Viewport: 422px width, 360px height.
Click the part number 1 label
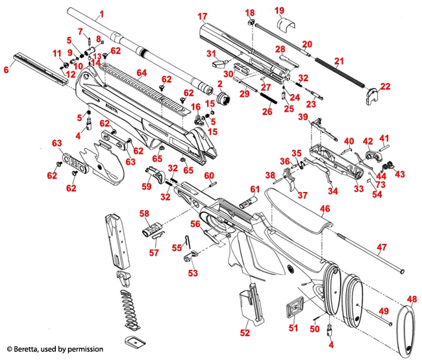(101, 14)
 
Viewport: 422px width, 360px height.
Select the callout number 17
(202, 16)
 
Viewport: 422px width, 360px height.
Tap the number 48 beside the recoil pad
(412, 298)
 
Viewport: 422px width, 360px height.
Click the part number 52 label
(245, 333)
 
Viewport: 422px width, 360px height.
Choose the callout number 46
(325, 209)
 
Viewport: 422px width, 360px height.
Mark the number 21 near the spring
(338, 62)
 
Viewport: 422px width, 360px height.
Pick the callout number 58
(144, 213)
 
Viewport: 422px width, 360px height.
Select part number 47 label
(382, 247)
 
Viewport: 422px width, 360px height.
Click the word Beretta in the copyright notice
(25, 349)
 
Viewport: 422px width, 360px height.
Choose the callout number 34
(332, 191)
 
